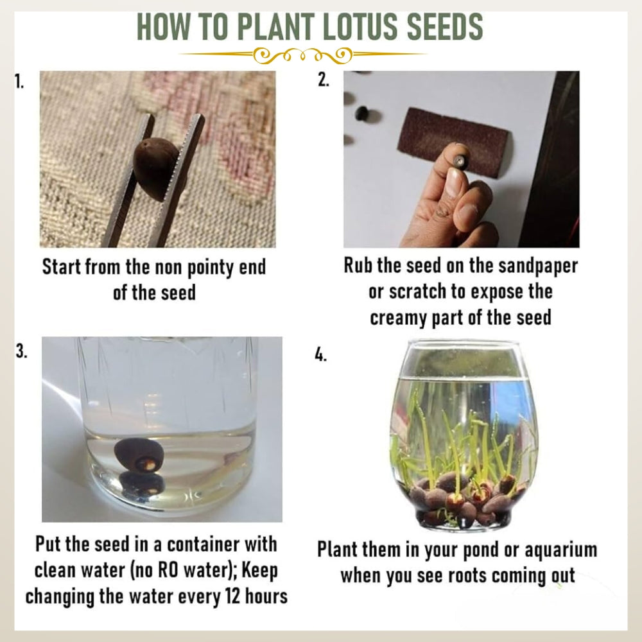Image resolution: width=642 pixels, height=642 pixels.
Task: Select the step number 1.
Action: click(19, 82)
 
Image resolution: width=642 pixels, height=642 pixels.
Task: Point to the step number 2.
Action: click(323, 82)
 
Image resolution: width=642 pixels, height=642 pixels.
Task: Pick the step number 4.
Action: click(321, 355)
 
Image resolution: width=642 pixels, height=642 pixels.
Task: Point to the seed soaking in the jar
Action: click(137, 456)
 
